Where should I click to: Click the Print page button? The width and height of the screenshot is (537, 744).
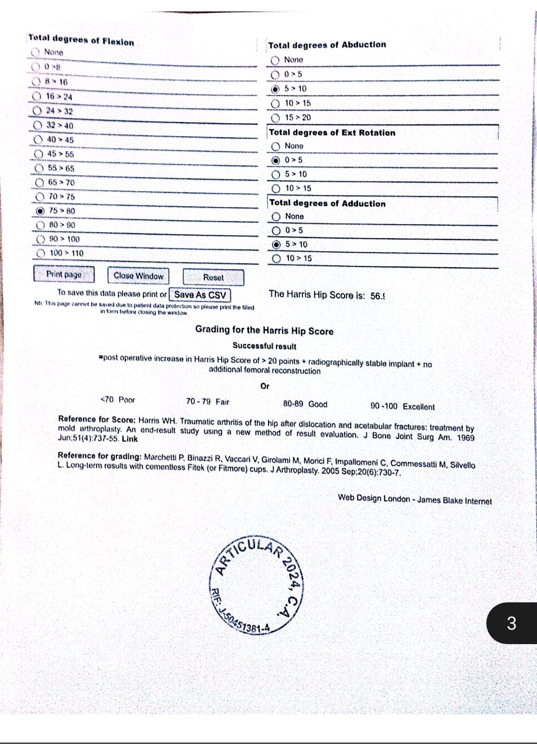click(64, 274)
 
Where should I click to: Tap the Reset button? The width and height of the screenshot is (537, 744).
click(213, 277)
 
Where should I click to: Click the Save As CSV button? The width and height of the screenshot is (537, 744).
click(200, 295)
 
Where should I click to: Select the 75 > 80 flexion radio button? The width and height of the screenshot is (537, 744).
click(41, 211)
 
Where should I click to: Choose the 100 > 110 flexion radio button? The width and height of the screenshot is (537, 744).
click(41, 253)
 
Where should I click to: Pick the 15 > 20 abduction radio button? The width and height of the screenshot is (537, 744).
click(275, 118)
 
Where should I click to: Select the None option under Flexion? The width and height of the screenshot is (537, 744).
click(35, 52)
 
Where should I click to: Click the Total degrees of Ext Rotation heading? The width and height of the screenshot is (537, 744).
click(332, 133)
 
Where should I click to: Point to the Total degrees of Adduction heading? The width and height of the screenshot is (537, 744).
click(327, 203)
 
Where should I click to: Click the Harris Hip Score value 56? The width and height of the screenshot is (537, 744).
click(377, 296)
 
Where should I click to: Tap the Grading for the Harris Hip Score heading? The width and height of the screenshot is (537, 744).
click(264, 331)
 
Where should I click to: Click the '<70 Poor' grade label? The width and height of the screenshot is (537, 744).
click(118, 400)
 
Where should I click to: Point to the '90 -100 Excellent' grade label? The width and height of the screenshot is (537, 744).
click(402, 406)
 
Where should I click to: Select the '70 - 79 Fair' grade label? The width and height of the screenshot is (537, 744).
click(207, 402)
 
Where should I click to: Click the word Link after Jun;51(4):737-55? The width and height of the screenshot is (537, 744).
click(130, 439)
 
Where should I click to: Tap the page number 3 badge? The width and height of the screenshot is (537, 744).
click(512, 623)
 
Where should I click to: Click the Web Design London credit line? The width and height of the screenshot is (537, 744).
click(414, 499)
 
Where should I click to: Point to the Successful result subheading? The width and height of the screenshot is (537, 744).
click(264, 346)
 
